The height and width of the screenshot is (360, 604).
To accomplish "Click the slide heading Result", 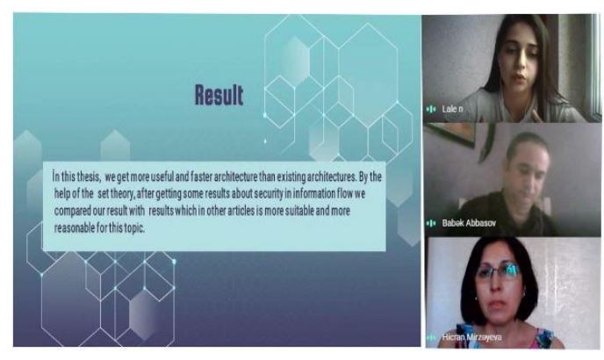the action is click(219, 95).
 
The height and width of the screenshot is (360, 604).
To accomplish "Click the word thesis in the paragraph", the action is click(89, 176).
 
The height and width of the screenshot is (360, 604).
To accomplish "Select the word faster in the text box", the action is click(201, 176).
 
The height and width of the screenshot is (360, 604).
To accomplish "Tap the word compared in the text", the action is click(72, 212).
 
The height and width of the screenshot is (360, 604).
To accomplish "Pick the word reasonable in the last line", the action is click(75, 227).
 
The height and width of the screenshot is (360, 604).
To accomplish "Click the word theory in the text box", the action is click(123, 193).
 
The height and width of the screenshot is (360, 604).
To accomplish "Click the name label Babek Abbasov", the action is click(469, 222).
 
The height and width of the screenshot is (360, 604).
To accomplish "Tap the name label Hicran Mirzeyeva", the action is click(472, 337).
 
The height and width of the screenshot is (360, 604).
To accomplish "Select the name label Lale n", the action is click(453, 109).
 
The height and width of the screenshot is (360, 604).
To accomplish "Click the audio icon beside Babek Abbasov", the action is click(431, 223).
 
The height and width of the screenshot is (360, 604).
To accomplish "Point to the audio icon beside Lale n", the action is click(431, 110).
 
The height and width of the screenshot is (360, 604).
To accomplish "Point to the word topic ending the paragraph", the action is click(134, 228).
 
